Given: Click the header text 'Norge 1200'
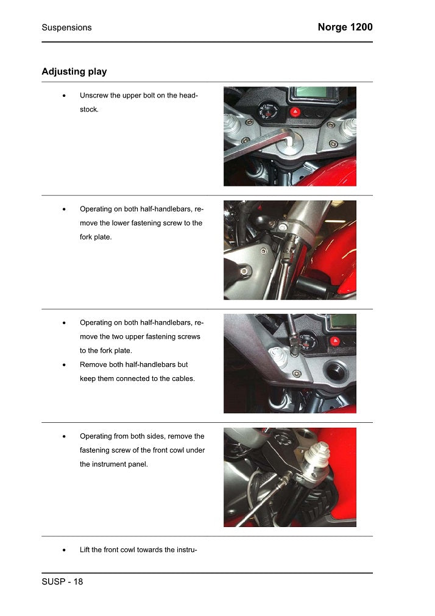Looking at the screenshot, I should (x=345, y=27).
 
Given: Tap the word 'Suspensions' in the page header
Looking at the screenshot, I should (x=66, y=27).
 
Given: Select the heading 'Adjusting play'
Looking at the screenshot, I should (x=74, y=71).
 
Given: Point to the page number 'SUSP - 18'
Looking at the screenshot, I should (x=62, y=581).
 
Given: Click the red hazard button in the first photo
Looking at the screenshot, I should (x=295, y=112).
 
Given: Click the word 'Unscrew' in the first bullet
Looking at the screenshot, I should (x=94, y=96).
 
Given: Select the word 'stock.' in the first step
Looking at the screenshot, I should (x=89, y=110).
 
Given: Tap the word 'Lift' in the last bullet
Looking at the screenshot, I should (x=86, y=550).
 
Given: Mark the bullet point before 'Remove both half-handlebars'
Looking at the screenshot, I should (x=64, y=365).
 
